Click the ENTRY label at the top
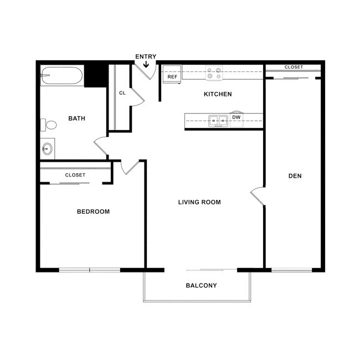tap(146, 56)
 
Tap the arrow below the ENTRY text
tap(146, 65)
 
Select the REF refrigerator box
tap(172, 76)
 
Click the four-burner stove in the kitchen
tap(215, 72)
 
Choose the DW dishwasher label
tap(236, 117)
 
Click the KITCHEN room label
tap(218, 94)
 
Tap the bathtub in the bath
tap(62, 76)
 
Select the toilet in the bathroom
tap(48, 125)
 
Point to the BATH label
tap(76, 118)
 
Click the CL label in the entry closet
tap(122, 92)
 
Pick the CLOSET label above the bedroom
tap(75, 175)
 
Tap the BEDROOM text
tap(93, 212)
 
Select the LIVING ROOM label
tap(199, 202)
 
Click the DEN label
tap(295, 176)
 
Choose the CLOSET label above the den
tap(294, 67)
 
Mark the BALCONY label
tap(200, 286)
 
